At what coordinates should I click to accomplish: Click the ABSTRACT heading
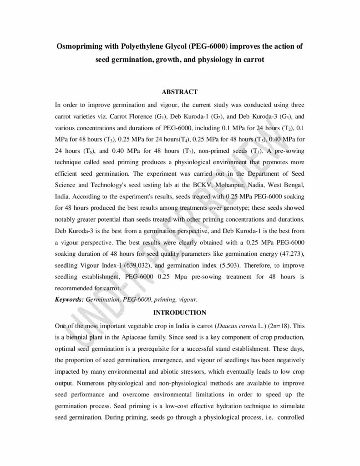point(180,92)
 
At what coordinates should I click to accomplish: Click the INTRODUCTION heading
point(180,313)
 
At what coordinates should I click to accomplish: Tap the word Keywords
point(69,299)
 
